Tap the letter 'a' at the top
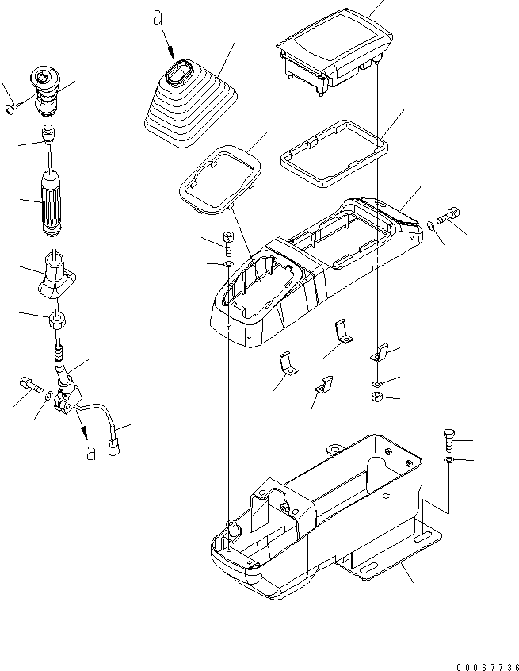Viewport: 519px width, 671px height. (x=158, y=18)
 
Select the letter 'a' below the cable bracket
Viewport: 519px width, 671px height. (x=90, y=453)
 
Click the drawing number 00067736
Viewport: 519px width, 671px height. (x=487, y=667)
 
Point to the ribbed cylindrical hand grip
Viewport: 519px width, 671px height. (x=51, y=203)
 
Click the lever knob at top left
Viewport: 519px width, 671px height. (x=45, y=91)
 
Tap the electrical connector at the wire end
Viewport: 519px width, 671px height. (x=114, y=447)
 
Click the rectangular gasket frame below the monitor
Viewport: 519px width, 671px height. (x=334, y=154)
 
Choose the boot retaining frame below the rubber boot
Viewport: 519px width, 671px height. (x=221, y=180)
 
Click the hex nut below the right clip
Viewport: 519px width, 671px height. (x=376, y=397)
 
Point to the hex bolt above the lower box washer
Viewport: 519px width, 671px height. (x=449, y=440)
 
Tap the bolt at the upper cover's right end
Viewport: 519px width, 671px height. (x=448, y=215)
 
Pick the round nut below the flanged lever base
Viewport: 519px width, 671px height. (x=57, y=320)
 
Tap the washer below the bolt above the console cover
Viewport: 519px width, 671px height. (x=228, y=263)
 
